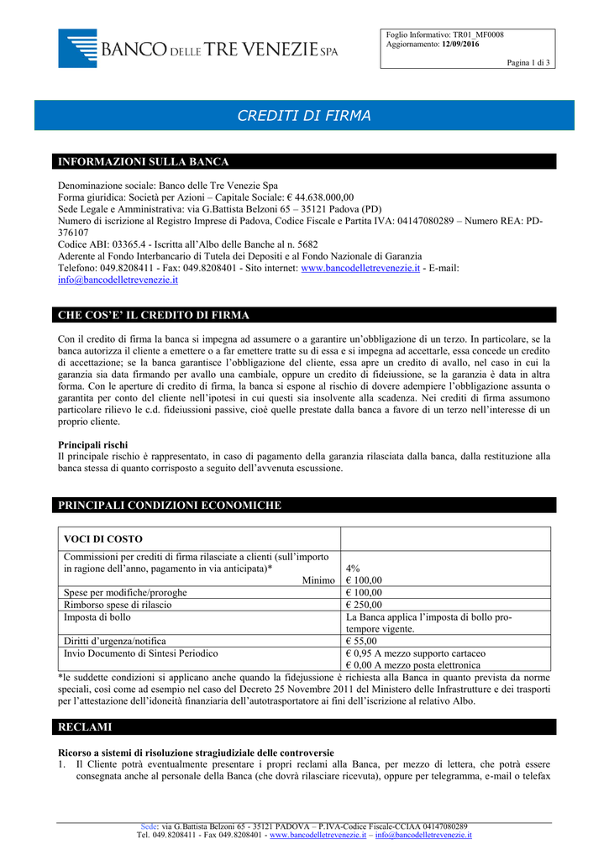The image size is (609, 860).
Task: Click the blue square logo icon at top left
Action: coord(77,48)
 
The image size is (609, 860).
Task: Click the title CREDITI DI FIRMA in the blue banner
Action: coord(304,116)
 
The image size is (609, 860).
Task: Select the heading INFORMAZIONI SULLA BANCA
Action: coord(143,161)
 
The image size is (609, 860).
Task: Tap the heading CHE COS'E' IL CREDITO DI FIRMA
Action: coord(153,315)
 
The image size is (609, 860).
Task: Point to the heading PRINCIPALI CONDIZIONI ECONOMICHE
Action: coord(169,505)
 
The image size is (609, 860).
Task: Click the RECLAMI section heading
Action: coord(84,726)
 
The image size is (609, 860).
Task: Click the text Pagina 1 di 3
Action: coord(528,63)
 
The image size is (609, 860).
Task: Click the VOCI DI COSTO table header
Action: coord(103,538)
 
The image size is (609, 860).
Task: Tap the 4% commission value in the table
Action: coord(353,569)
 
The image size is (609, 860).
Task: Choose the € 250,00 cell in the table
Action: coord(364,605)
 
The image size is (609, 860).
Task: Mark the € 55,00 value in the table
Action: coord(361,641)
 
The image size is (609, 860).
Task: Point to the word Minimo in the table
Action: coord(318,580)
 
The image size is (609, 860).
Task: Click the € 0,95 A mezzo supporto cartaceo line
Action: coord(415,653)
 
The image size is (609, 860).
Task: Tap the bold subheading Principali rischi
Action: coord(92,443)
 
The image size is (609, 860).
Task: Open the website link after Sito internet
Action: coord(360,268)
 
